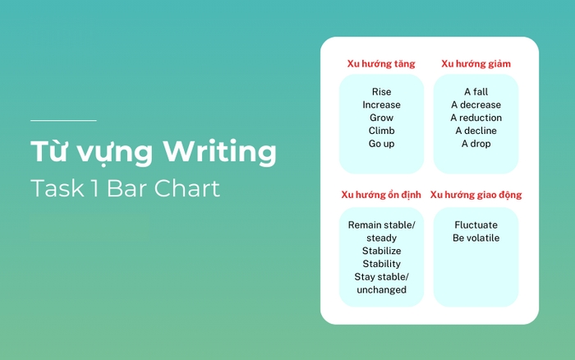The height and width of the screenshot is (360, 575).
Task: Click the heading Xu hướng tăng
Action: (381, 63)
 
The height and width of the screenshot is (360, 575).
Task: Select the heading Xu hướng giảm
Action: (476, 63)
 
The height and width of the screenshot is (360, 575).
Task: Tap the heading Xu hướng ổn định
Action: (381, 195)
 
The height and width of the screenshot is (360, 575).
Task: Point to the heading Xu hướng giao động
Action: (476, 195)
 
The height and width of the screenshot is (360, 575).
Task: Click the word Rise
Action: (381, 92)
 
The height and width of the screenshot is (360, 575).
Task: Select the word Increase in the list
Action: (381, 105)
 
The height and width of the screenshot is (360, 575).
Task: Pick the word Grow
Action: (381, 118)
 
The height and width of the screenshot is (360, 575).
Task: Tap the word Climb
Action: (381, 131)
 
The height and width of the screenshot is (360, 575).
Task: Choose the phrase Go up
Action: (381, 144)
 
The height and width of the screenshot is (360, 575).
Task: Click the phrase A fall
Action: (476, 92)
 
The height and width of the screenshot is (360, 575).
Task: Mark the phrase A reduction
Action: (476, 118)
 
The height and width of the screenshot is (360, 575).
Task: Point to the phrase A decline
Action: (476, 131)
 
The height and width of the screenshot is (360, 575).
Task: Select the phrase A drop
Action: (476, 144)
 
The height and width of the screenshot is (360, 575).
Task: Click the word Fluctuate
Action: (476, 224)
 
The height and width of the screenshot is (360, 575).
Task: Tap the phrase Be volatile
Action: (476, 238)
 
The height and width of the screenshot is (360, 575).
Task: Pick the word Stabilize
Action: (381, 251)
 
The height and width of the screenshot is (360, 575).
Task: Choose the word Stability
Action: (381, 264)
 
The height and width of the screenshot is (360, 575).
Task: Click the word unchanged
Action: (381, 290)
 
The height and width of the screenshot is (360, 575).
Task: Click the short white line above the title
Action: (63, 121)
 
